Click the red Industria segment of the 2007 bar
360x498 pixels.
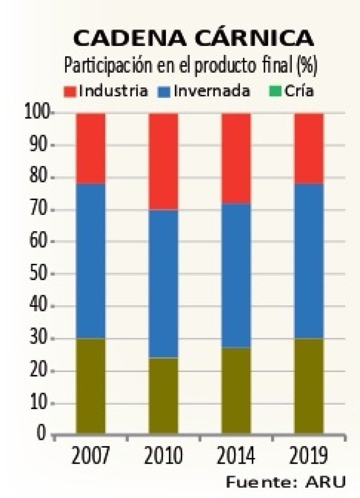91,148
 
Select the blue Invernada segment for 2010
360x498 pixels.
163,284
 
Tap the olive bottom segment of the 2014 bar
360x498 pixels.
236,390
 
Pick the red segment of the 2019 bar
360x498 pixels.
309,148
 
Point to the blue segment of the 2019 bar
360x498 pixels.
309,261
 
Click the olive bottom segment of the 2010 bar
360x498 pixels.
163,395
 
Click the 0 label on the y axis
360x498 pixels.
42,434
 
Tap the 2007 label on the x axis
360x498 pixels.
91,457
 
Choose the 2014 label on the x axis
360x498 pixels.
236,457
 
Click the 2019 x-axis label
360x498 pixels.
309,457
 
